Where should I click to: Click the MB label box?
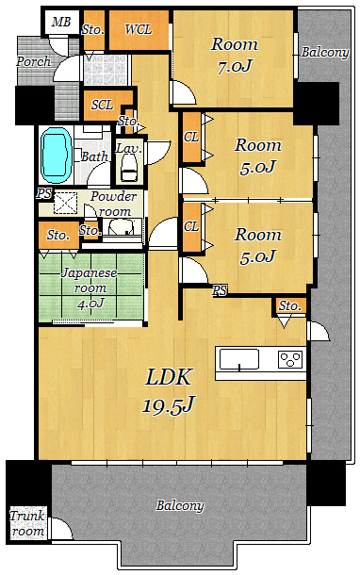pyautogui.click(x=61, y=22)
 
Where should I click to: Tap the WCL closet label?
pyautogui.click(x=139, y=29)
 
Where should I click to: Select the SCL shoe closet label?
pyautogui.click(x=102, y=105)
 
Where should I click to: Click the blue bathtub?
pyautogui.click(x=56, y=156)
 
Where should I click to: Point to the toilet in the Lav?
pyautogui.click(x=129, y=167)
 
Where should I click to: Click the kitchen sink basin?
pyautogui.click(x=239, y=359)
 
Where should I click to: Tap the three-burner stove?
pyautogui.click(x=290, y=358)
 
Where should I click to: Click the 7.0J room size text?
pyautogui.click(x=235, y=67)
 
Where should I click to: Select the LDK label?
pyautogui.click(x=169, y=377)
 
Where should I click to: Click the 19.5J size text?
pyautogui.click(x=168, y=404)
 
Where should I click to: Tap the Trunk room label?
pyautogui.click(x=27, y=523)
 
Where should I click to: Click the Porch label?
pyautogui.click(x=33, y=61)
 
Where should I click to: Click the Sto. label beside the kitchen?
pyautogui.click(x=289, y=305)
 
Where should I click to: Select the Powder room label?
pyautogui.click(x=114, y=204)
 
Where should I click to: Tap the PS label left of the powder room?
pyautogui.click(x=44, y=193)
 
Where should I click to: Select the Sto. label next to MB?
pyautogui.click(x=93, y=29)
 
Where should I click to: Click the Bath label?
pyautogui.click(x=94, y=156)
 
